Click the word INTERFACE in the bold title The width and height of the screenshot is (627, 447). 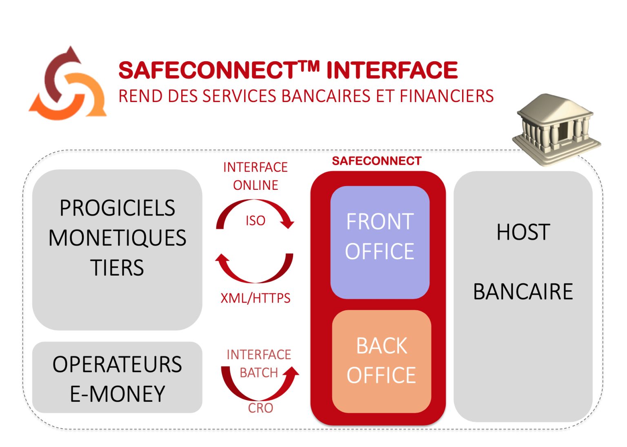(392, 70)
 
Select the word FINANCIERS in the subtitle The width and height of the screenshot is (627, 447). (447, 96)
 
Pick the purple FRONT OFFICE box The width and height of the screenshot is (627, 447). (380, 242)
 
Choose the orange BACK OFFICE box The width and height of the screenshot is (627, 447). (381, 361)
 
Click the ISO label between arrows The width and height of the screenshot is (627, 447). (255, 221)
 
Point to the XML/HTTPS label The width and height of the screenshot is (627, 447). (255, 298)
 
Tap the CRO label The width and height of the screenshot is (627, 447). (260, 408)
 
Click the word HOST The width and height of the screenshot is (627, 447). (523, 232)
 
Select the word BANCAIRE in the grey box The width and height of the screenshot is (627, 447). (523, 292)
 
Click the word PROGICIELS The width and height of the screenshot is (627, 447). (117, 208)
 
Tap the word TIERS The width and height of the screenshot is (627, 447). (117, 268)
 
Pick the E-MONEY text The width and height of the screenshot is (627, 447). (117, 394)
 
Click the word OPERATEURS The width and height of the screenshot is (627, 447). (117, 364)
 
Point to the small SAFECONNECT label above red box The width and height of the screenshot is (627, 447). (376, 161)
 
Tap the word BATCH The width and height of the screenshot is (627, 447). (258, 373)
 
